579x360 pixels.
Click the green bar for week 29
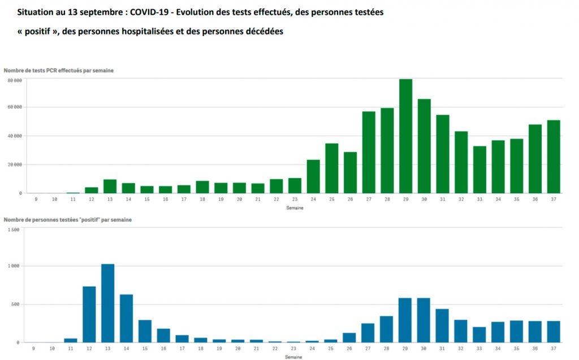(x=405, y=136)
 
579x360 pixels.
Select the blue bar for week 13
(x=107, y=303)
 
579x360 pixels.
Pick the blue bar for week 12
(x=89, y=314)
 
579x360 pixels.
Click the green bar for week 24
(x=313, y=176)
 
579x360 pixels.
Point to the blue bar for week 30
(x=424, y=320)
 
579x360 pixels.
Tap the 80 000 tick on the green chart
(x=15, y=81)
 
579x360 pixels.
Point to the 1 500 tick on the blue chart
(x=14, y=229)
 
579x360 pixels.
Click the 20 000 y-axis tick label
(x=15, y=164)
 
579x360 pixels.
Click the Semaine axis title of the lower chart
(x=293, y=357)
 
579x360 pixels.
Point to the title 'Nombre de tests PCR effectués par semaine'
(x=58, y=70)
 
